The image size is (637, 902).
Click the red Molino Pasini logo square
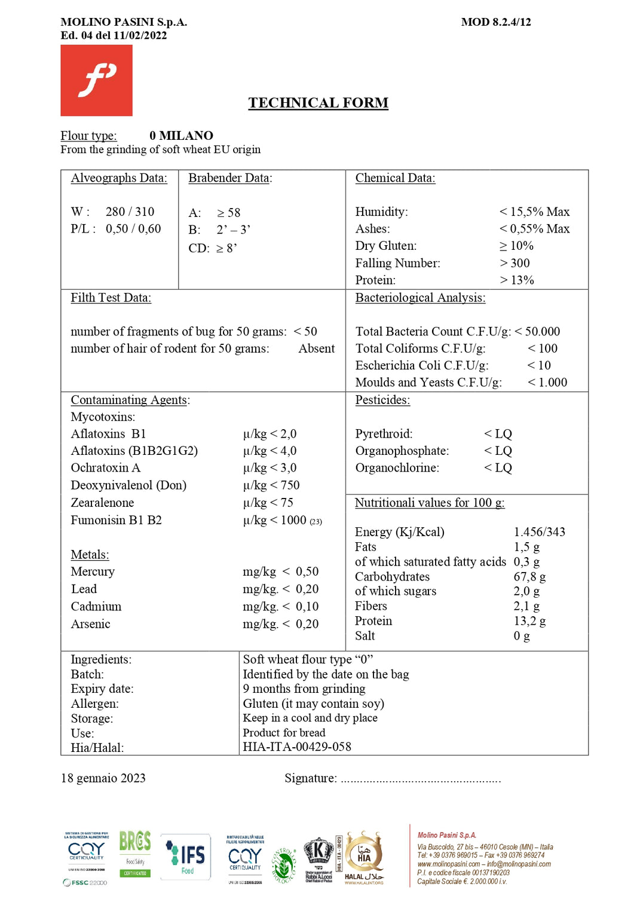pos(96,80)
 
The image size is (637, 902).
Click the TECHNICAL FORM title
pos(318,103)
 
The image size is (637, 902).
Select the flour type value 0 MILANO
pos(181,136)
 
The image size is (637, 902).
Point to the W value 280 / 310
pos(130,212)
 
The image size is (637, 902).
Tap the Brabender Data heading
pos(230,178)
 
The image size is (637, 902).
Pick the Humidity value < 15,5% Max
pos(534,212)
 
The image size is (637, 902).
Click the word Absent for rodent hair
pos(316,348)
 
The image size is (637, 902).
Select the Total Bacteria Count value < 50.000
pos(537,331)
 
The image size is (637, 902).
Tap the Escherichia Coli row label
pos(422,365)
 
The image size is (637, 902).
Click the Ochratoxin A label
pos(106,467)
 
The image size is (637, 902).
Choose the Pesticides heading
pos(382,400)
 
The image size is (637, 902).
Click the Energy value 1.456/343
pos(539,531)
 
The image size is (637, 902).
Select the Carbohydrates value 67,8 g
pos(529,576)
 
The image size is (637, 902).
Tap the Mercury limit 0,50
pos(307,571)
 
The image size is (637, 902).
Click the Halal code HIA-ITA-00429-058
pos(297,747)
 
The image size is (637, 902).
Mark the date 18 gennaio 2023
pos(103,778)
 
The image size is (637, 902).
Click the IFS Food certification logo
pos(186,857)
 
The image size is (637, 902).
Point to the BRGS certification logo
pos(135,853)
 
